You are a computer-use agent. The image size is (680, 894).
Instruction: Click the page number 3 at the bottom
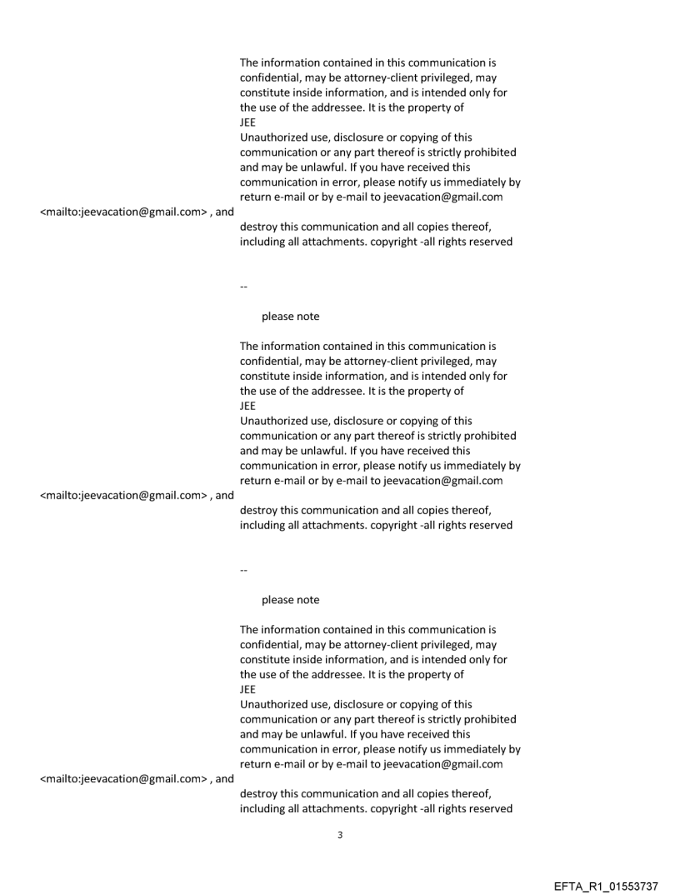(339, 835)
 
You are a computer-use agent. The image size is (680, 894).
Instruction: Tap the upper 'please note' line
(290, 317)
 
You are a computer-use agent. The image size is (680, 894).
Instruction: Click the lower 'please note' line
(290, 600)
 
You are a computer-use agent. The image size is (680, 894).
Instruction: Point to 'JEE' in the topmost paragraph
(247, 122)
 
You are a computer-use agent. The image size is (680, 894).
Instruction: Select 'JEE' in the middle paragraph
(247, 406)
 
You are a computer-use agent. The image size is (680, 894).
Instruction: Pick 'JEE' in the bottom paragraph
(247, 689)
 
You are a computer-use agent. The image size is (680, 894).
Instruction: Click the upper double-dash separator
(243, 287)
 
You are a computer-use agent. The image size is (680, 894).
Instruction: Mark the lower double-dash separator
(243, 570)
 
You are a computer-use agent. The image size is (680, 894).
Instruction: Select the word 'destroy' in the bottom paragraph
(259, 794)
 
